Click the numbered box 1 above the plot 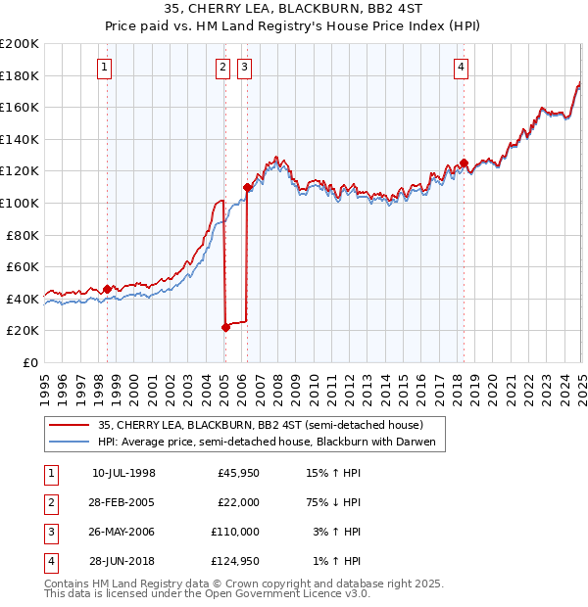(104, 68)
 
